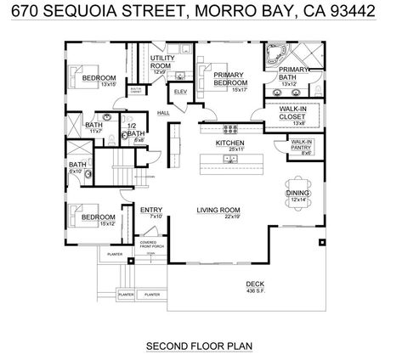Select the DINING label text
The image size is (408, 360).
tap(297, 194)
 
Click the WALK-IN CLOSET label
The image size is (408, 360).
tap(293, 112)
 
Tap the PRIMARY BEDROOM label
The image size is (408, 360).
tap(229, 79)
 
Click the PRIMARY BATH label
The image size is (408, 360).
tap(293, 73)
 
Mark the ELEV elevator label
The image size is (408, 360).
tap(180, 91)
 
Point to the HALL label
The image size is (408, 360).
tap(163, 112)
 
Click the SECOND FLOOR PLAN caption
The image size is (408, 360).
tap(201, 346)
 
